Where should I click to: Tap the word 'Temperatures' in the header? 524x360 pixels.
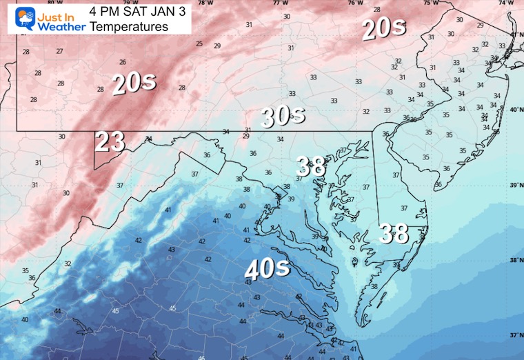coord(129,27)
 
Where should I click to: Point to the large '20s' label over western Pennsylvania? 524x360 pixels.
coord(134,83)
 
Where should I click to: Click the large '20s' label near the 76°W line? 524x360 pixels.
coord(383,28)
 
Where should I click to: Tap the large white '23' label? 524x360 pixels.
coord(110,141)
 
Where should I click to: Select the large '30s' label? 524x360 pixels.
coord(283,117)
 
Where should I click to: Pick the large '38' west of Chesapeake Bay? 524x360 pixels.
coord(311,166)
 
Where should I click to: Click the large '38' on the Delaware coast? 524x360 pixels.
coord(395,233)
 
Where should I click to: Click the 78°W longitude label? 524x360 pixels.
coord(204,3)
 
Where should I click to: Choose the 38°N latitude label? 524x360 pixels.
coord(514,260)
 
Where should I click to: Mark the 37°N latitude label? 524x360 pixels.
coord(514,334)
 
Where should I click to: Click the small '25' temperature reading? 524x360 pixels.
coord(199,44)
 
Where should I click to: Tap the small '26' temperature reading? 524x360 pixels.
coord(122,62)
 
